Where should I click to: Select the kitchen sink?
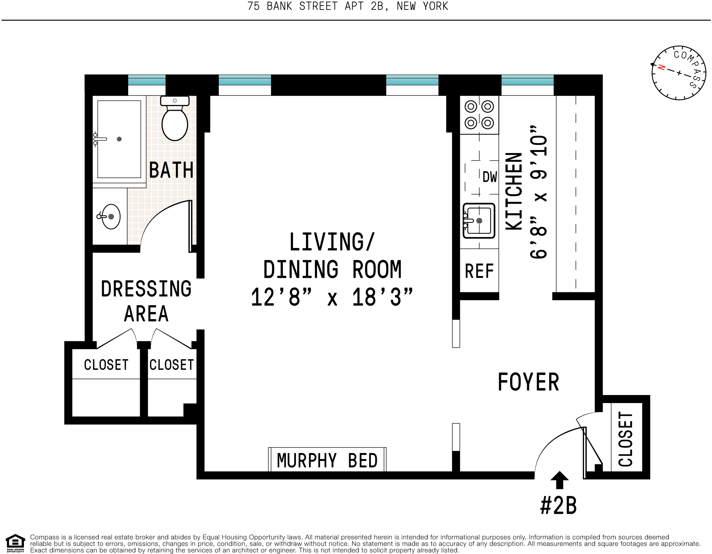coord(479,221)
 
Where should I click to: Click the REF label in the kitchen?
coord(479,271)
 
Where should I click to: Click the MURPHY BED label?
coord(327,461)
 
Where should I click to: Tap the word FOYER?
coord(528,382)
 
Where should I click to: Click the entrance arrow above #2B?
coord(559,480)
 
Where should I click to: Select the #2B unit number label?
coord(558,506)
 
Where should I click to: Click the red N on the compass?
coord(661,67)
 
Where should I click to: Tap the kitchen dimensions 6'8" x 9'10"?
coord(538,192)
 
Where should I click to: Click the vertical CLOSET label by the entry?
coord(626,439)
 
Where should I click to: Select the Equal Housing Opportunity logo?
coord(15,544)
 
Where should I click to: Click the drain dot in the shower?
coord(119,139)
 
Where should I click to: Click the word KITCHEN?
coord(514,191)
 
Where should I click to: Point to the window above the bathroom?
coord(147,80)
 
